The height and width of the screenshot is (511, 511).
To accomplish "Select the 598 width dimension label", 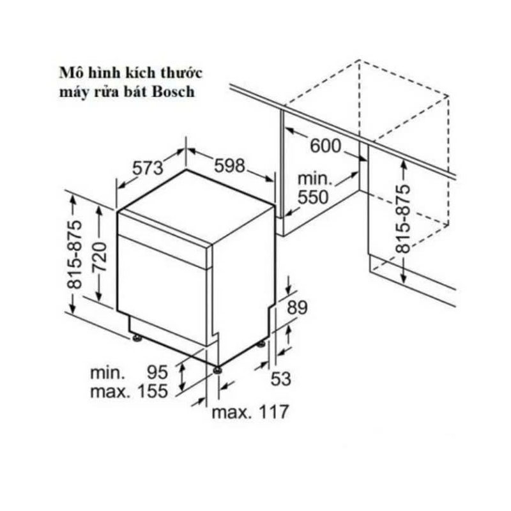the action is (x=229, y=165).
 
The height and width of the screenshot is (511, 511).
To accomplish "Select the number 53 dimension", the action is (x=280, y=379).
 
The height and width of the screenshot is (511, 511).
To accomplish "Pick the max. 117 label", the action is (x=250, y=411).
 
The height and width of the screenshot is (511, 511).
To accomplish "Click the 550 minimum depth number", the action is (x=313, y=197).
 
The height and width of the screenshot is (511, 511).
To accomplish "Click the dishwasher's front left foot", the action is (x=136, y=337).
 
